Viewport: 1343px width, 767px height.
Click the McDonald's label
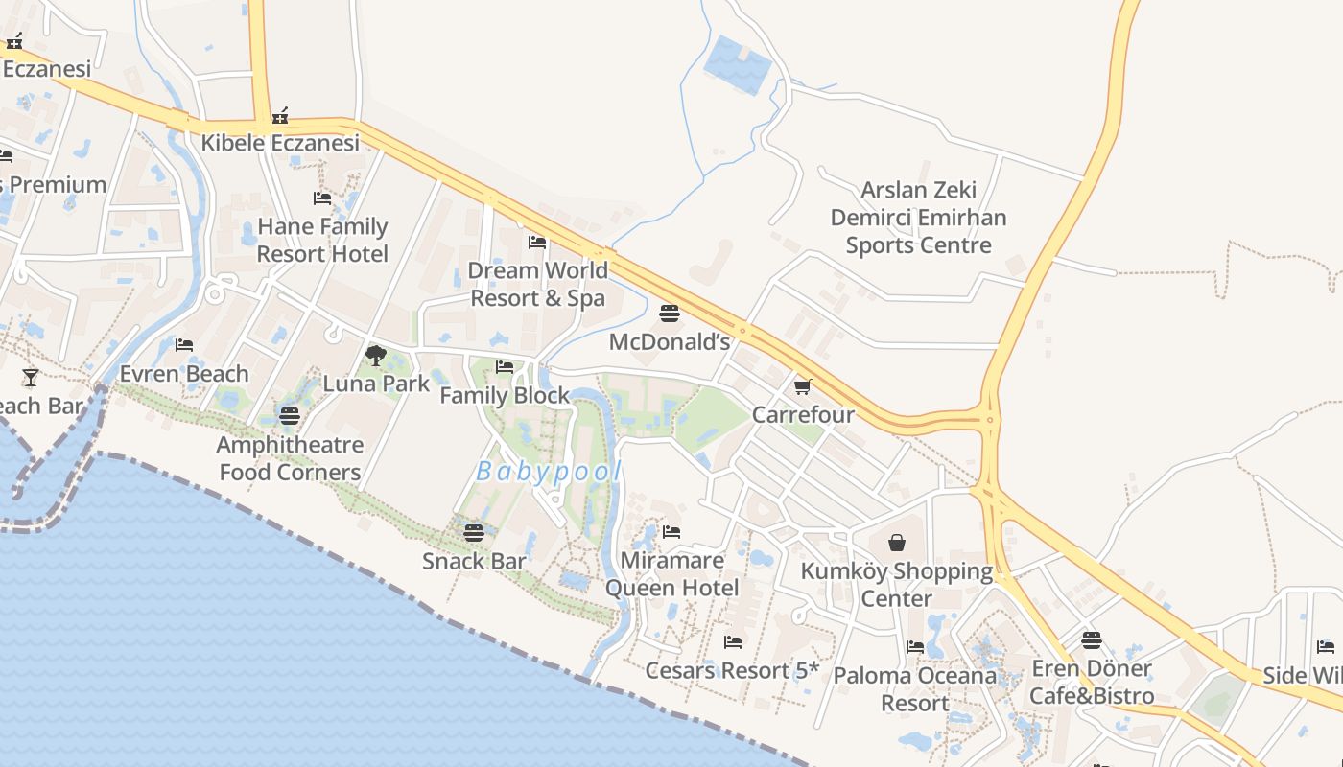(x=670, y=341)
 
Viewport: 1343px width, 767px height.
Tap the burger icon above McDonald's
(x=670, y=314)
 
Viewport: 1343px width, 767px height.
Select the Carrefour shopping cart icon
(x=802, y=386)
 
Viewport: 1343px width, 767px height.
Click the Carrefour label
(x=803, y=415)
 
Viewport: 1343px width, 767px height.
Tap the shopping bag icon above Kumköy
(x=897, y=544)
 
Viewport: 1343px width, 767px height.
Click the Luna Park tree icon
(x=376, y=356)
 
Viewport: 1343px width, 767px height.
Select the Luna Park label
(x=376, y=383)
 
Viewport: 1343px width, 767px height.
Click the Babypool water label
(x=549, y=472)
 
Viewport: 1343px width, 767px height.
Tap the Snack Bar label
(x=474, y=561)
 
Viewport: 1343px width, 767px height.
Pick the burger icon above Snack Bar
(x=474, y=533)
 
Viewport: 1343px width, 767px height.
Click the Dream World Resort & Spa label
(x=537, y=284)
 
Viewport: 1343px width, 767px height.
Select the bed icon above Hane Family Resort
(x=322, y=198)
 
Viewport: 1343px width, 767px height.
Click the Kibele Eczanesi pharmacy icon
(x=280, y=116)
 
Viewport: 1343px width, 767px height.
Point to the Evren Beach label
(x=184, y=373)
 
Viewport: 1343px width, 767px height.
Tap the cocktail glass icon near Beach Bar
(x=31, y=377)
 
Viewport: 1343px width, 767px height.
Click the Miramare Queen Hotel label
(x=671, y=573)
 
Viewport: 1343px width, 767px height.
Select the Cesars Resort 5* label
(x=732, y=670)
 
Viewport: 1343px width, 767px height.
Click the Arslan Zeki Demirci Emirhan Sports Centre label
(x=918, y=218)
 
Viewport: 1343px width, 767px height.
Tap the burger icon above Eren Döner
(x=1092, y=639)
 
